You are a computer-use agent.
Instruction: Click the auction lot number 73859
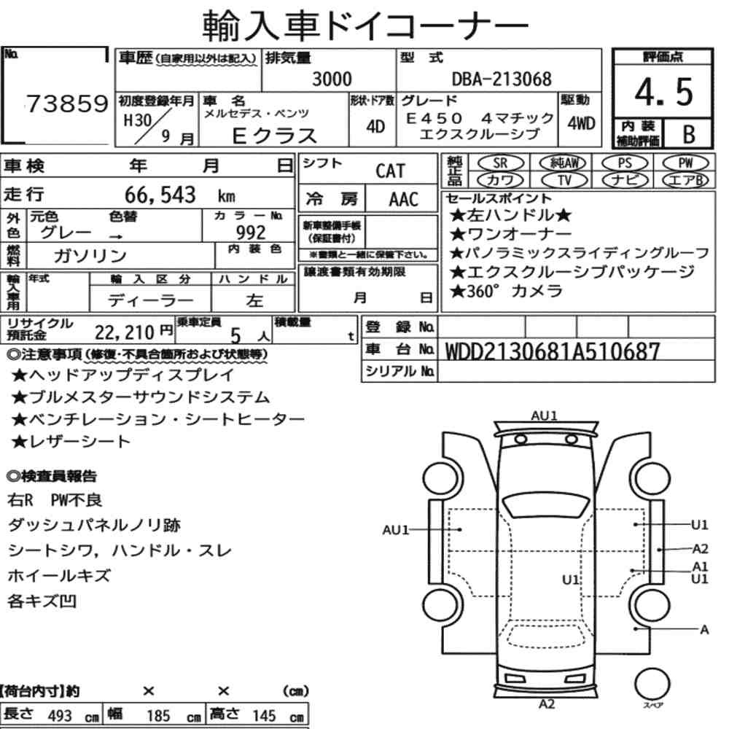[67, 104]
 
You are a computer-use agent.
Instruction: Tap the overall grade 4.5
[663, 92]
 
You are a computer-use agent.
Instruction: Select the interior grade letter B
[689, 134]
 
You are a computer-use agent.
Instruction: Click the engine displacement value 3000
[332, 79]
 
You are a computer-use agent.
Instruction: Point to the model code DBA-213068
[502, 79]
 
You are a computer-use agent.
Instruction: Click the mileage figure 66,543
[160, 195]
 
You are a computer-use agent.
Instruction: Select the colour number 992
[251, 232]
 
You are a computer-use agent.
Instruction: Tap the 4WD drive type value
[581, 123]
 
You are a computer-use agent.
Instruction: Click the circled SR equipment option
[500, 163]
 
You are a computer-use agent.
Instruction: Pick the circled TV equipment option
[564, 180]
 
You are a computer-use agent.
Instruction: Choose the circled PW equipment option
[685, 163]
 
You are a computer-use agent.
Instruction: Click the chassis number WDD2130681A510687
[553, 351]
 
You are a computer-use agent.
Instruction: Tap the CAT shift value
[390, 171]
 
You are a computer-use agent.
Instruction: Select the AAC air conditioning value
[404, 200]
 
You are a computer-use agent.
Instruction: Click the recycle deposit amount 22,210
[124, 332]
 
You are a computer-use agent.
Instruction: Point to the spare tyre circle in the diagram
[652, 685]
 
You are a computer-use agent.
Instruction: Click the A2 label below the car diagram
[547, 704]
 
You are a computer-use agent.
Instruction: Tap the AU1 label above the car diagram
[544, 416]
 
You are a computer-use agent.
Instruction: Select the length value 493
[60, 716]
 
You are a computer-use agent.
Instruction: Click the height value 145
[264, 716]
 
